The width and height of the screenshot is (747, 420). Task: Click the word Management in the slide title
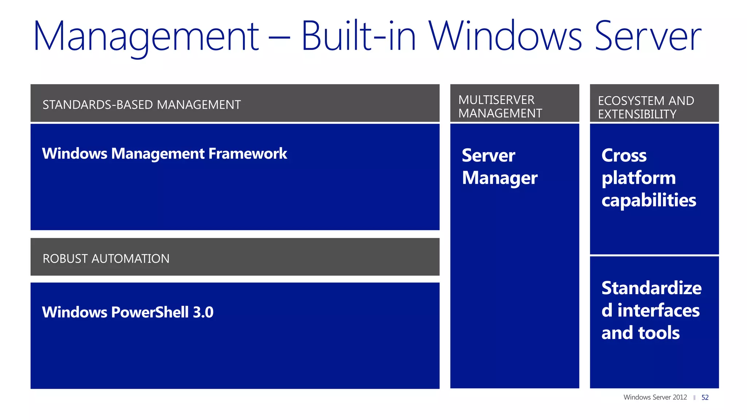(146, 36)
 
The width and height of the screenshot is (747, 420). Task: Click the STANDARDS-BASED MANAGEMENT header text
(142, 105)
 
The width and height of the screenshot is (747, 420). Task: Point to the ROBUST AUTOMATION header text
(106, 259)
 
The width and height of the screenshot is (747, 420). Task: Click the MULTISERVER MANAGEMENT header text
(500, 106)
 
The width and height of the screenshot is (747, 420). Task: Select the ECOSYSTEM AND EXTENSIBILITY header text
(646, 108)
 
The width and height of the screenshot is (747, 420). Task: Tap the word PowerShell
(150, 312)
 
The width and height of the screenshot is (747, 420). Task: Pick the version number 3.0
(203, 312)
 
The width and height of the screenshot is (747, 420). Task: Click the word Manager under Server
(500, 179)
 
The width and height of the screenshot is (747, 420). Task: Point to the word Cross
(624, 156)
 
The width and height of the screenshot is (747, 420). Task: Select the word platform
(638, 179)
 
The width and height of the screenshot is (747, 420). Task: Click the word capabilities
(649, 201)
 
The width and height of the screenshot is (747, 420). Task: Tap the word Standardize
(651, 288)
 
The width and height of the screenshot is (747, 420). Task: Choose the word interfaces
(658, 311)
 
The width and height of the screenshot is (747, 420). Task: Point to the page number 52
(705, 397)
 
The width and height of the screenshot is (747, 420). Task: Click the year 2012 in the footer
(680, 397)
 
